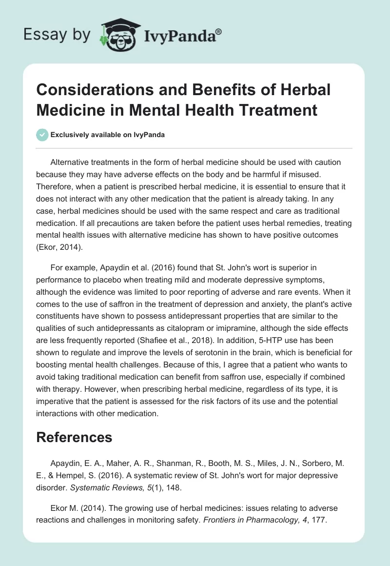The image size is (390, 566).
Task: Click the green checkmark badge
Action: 42,135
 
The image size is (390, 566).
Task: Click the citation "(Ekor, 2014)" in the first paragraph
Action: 58,248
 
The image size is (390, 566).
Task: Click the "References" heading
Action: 74,437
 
